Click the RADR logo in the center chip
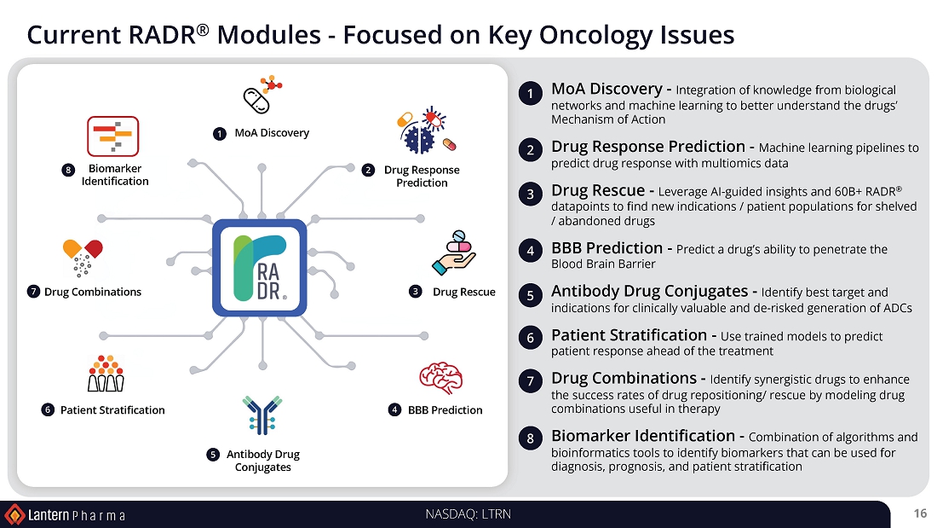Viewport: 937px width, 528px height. click(x=259, y=268)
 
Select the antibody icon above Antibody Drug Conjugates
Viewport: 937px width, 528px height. click(x=262, y=415)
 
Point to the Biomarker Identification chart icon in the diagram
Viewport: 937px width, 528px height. click(x=112, y=136)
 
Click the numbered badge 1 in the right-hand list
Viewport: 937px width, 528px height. click(x=530, y=95)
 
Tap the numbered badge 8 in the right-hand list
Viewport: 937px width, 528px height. click(x=530, y=439)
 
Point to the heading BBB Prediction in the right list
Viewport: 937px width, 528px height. click(x=606, y=248)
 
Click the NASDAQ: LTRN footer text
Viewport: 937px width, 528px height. click(x=468, y=513)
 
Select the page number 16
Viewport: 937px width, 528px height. click(x=919, y=513)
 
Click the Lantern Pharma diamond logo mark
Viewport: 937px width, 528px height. click(x=14, y=514)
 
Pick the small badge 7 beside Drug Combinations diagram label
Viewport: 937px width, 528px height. click(x=33, y=292)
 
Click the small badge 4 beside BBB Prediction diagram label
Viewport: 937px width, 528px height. click(x=395, y=410)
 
